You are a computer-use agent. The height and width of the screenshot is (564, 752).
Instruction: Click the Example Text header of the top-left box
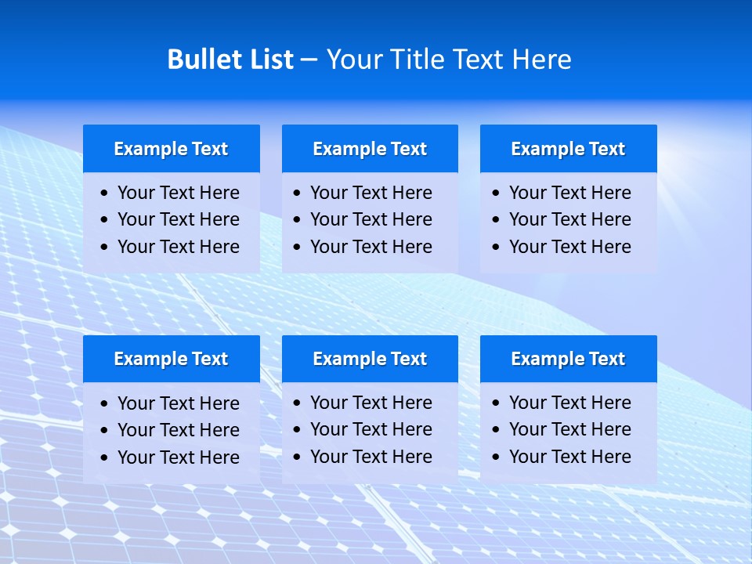[x=171, y=149]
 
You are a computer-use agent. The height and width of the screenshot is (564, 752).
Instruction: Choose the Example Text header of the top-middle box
[x=370, y=149]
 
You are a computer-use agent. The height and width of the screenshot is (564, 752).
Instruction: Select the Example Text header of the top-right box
[x=568, y=149]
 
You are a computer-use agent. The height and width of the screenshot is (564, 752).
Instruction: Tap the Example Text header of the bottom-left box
[x=171, y=359]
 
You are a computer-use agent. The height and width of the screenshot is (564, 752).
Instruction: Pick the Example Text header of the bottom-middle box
[x=370, y=359]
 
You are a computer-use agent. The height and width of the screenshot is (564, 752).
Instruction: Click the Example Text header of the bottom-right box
[x=568, y=359]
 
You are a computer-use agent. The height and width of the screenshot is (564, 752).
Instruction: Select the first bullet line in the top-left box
[x=178, y=193]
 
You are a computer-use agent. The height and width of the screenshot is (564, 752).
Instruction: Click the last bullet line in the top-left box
[x=178, y=247]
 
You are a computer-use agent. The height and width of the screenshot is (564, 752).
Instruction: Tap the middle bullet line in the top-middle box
[x=371, y=219]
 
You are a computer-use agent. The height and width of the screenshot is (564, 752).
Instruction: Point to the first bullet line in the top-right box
[x=569, y=193]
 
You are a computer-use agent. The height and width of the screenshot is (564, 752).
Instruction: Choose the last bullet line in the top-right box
[x=569, y=247]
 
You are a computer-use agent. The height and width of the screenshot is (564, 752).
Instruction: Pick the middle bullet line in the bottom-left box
[x=178, y=430]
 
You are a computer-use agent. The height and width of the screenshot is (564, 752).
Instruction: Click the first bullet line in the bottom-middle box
[x=371, y=403]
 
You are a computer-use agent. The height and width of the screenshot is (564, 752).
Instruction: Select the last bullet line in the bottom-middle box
[x=371, y=457]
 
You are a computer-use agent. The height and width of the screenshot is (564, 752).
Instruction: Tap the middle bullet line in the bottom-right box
[x=569, y=429]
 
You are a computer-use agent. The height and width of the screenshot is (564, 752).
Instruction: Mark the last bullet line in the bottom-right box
[x=569, y=457]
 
